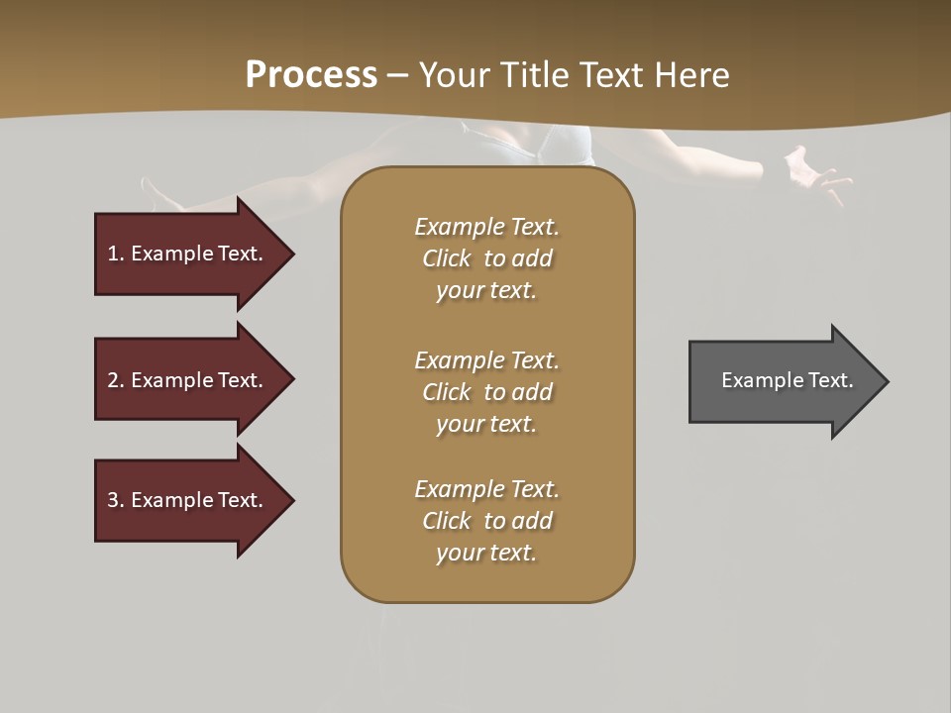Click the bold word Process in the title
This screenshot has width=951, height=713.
tap(311, 75)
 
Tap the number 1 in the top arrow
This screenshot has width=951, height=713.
tap(113, 254)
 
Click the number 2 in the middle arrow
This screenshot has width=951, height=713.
tap(113, 380)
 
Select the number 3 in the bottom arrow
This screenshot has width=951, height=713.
tap(113, 500)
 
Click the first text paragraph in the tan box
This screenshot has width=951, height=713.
tap(486, 258)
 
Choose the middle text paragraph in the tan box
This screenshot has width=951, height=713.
tap(486, 392)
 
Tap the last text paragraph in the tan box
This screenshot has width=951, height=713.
tap(486, 521)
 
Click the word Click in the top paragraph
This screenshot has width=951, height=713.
tap(447, 258)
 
